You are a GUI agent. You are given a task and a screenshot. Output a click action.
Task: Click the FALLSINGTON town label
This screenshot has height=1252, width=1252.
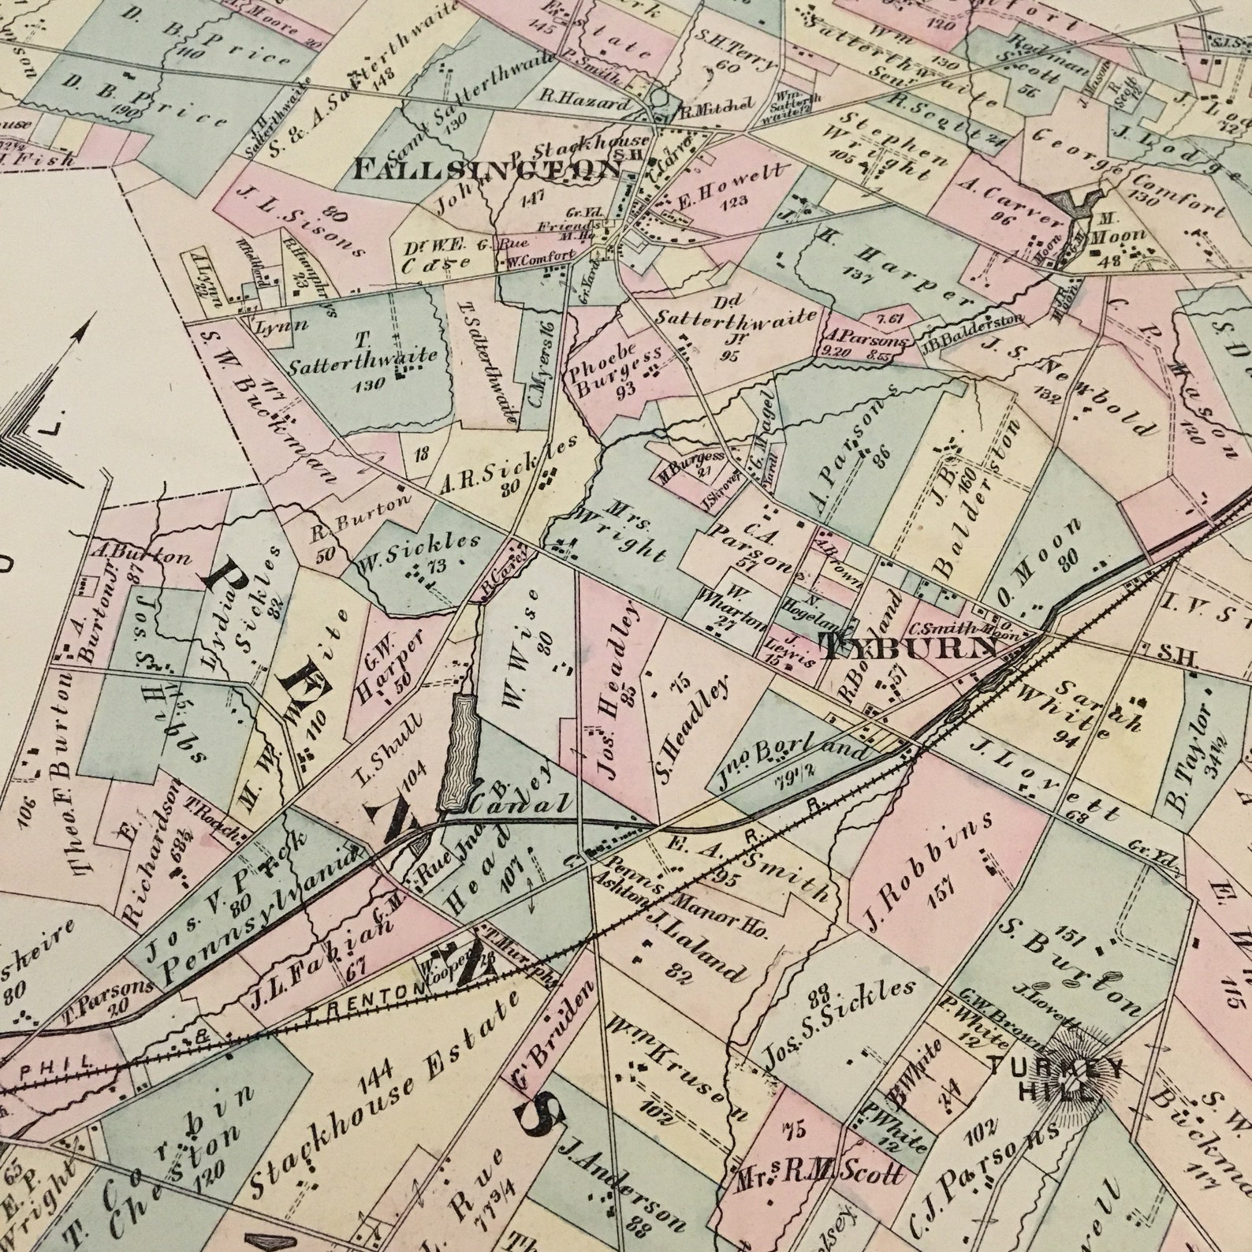tap(489, 169)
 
